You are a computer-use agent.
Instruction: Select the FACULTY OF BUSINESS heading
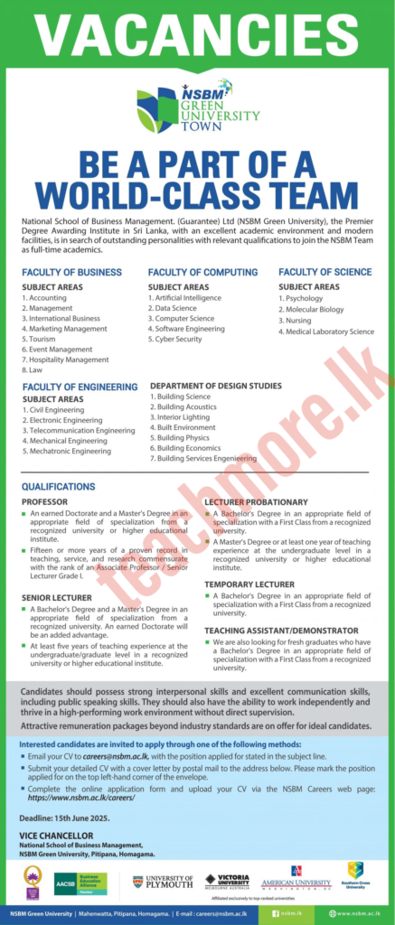(72, 272)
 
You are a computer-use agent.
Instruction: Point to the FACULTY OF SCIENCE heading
(324, 272)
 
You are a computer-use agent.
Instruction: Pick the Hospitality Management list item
(68, 360)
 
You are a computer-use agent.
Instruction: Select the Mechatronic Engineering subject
(70, 451)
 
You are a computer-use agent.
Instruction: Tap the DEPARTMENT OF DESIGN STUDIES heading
(215, 386)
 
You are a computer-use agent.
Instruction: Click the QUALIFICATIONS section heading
(58, 486)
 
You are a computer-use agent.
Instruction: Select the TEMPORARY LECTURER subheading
(249, 584)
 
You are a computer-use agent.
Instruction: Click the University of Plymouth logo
(163, 881)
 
